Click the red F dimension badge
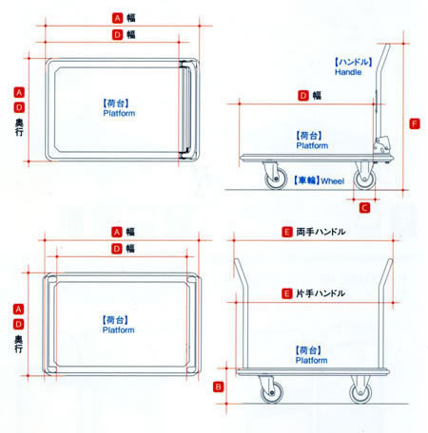pos(415,123)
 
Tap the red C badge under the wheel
pos(364,208)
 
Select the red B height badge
pos(218,386)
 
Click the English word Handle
pos(348,72)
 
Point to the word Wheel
pos(333,181)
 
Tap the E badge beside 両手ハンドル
pos(286,232)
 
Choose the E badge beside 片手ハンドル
pos(286,293)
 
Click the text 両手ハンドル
pos(321,232)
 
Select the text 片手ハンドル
pos(321,293)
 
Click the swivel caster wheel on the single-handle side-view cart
pos(276,179)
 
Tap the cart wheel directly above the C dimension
pos(364,179)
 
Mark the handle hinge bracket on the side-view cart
pos(381,145)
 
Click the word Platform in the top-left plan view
pos(119,113)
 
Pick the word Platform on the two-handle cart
pos(311,360)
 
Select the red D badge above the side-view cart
pos(303,95)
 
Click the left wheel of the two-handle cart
pos(272,392)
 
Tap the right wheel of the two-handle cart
pos(360,392)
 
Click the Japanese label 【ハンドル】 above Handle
pos(354,62)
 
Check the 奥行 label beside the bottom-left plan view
pos(19,344)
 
